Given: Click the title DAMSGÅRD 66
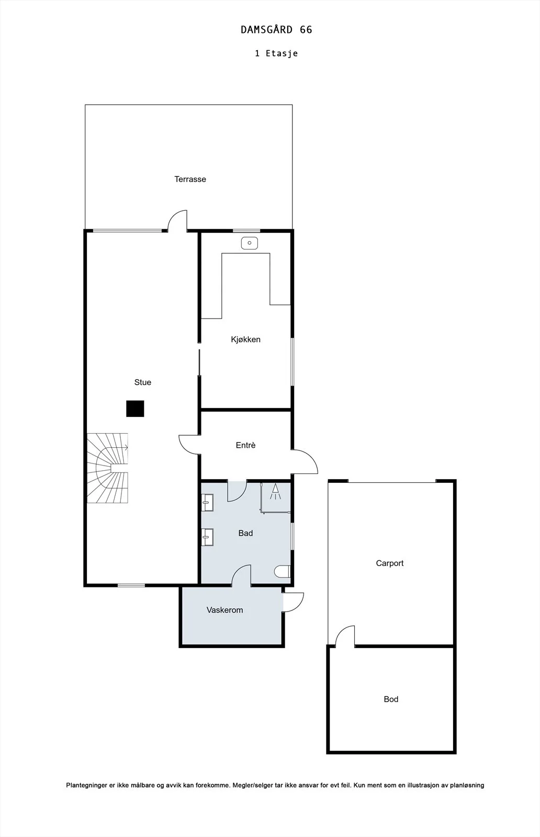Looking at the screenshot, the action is [276, 29].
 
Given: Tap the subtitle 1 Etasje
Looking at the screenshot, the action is [276, 53].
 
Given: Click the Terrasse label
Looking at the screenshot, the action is [190, 179].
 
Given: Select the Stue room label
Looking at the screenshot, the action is [143, 382].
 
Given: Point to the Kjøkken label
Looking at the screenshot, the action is [245, 340].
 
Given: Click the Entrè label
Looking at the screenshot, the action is [245, 445].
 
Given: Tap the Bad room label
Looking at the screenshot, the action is [245, 533].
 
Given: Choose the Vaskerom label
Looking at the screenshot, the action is [224, 610].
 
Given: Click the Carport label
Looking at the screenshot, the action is [390, 563].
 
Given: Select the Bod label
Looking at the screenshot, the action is [391, 699].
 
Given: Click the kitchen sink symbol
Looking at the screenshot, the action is [249, 243].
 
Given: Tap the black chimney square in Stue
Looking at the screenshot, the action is [135, 409].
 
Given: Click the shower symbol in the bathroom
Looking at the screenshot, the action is [275, 492].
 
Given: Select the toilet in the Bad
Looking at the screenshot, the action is [282, 572].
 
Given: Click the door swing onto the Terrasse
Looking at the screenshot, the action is [177, 221].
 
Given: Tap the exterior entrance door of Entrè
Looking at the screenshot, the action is [304, 462].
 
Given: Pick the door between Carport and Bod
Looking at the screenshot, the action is [345, 636].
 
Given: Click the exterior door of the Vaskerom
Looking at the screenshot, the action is [294, 602].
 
